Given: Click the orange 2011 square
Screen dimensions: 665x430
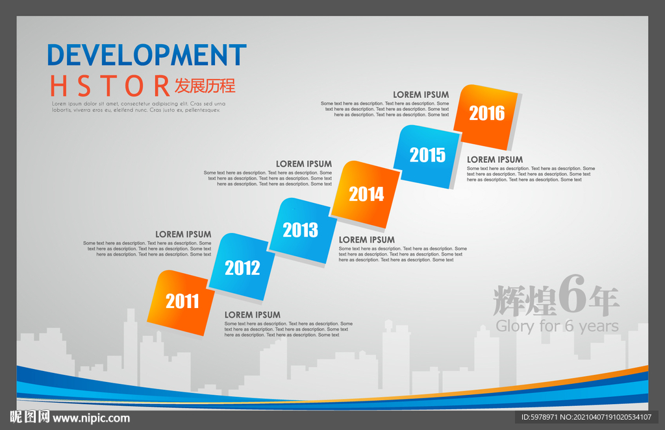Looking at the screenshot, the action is (181, 302).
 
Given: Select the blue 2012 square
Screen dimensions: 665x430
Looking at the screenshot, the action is (242, 267).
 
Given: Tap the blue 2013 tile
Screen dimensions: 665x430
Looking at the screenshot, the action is (301, 230).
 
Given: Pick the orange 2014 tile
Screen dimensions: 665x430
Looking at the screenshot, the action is (366, 194).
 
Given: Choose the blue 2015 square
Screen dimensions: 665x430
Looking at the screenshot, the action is (427, 156).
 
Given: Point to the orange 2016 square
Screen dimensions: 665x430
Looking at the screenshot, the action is (486, 117).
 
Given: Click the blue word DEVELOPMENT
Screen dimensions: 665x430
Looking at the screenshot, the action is (147, 55).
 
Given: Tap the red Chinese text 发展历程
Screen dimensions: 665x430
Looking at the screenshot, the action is (205, 86).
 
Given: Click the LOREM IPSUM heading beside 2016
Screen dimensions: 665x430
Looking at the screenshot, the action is (421, 95).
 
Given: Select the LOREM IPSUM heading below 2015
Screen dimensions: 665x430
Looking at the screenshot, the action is (495, 160).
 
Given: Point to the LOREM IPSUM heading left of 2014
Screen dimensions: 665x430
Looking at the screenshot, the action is (304, 164).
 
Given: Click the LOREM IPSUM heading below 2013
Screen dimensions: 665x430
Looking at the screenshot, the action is (367, 240).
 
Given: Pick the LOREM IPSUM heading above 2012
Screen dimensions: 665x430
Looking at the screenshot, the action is (183, 234).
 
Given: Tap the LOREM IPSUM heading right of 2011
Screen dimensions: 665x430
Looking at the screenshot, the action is (253, 315).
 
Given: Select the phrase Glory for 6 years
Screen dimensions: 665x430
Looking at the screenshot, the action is (557, 326).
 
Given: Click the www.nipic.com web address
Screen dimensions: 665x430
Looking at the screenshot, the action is (91, 418).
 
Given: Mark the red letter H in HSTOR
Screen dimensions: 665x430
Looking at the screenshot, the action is (58, 86).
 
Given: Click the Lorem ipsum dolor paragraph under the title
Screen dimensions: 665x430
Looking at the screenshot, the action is (139, 107).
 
